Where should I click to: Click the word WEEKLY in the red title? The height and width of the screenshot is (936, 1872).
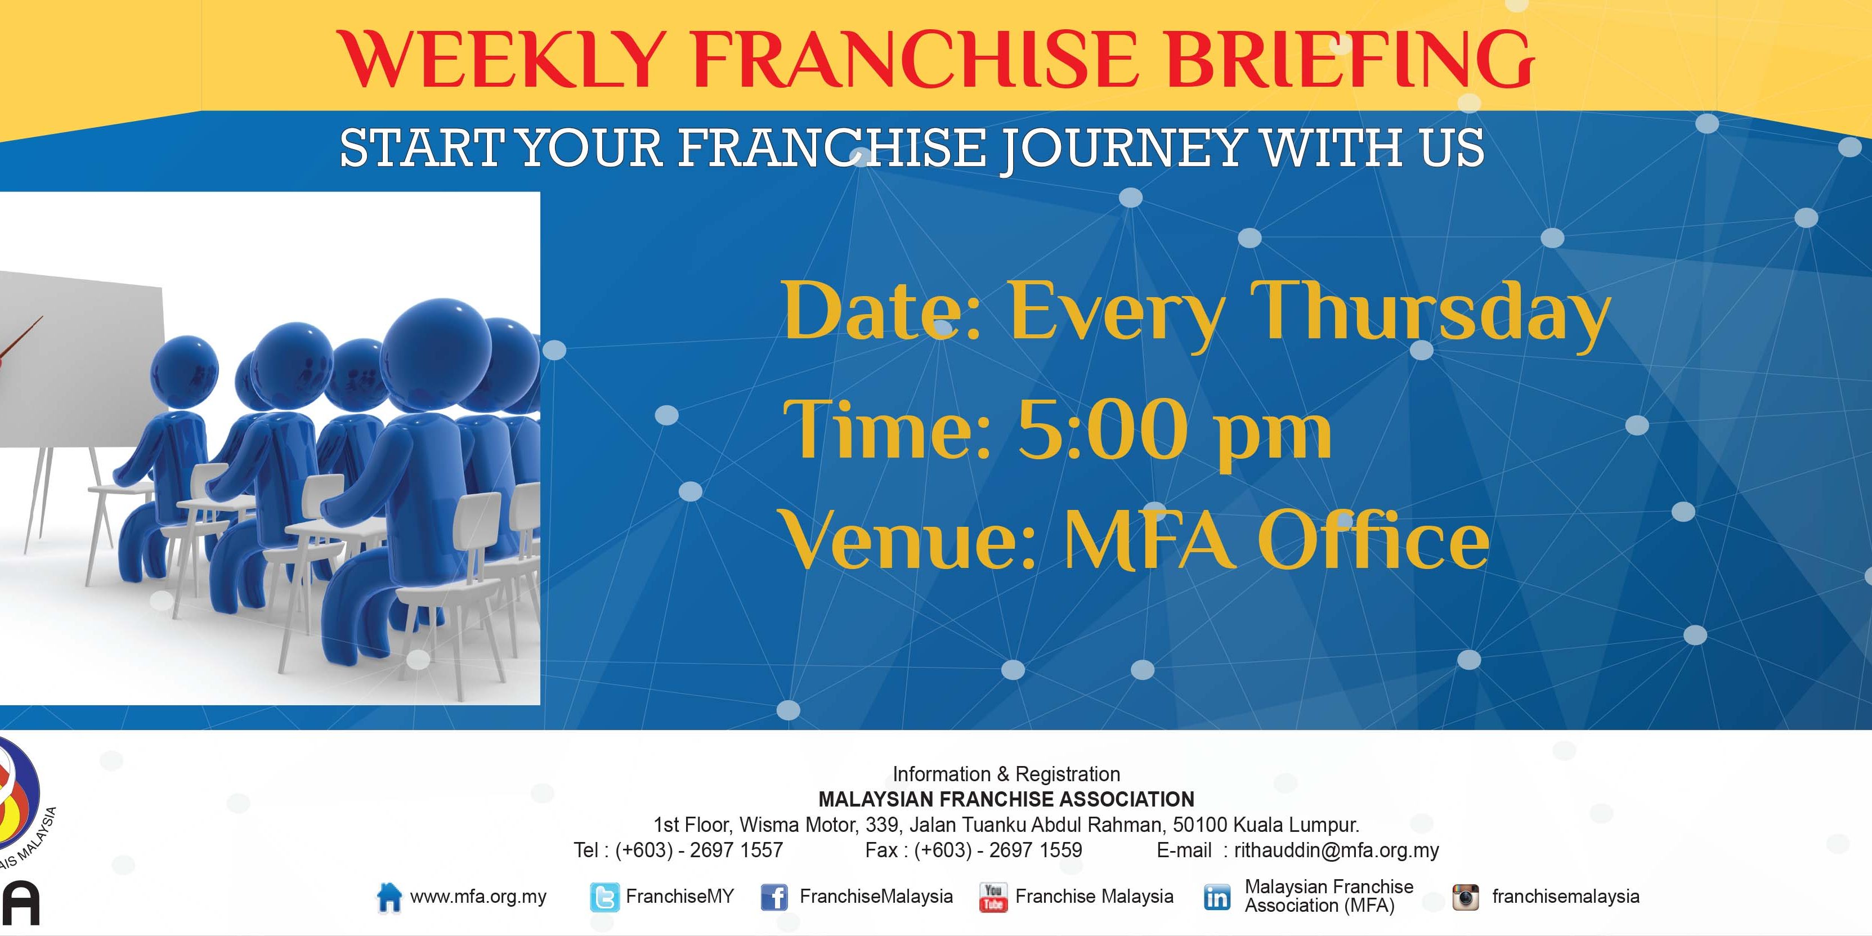coord(503,59)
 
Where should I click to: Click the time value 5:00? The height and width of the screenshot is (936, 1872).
coord(1104,430)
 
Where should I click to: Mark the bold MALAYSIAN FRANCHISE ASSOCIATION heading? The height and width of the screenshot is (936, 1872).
coord(1006,799)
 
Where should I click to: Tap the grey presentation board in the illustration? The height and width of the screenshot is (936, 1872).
coord(80,356)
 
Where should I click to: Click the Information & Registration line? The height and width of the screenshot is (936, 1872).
coord(1006,774)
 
